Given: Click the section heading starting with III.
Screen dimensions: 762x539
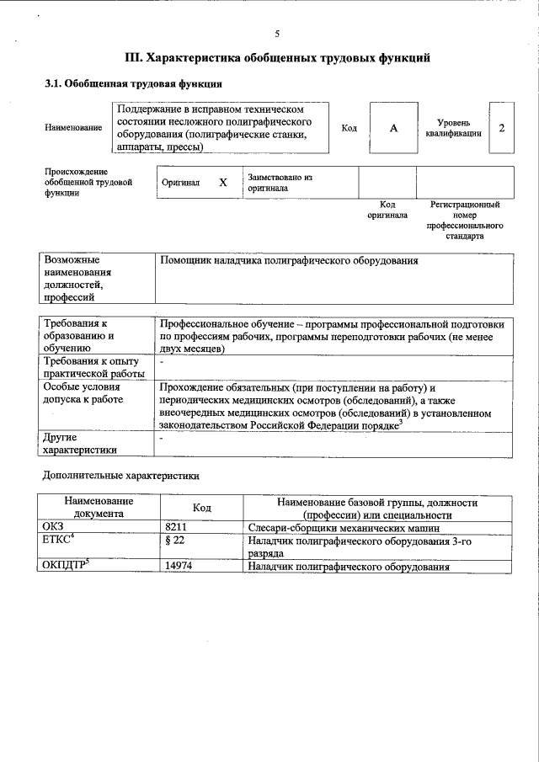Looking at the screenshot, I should [x=277, y=58].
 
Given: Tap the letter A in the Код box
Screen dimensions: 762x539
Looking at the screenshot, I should [x=392, y=128].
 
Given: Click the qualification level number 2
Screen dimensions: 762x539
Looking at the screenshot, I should [x=502, y=128].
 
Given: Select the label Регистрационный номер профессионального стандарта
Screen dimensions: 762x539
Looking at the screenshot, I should [x=465, y=221].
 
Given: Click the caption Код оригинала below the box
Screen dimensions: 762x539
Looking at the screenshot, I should [x=387, y=210].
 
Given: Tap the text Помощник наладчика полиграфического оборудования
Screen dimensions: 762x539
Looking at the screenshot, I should [x=289, y=261].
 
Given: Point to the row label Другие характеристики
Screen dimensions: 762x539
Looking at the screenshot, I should [x=80, y=444].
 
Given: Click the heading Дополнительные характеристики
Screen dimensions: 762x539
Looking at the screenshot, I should [x=121, y=476].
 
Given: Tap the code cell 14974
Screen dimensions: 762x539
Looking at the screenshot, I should [x=182, y=567].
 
